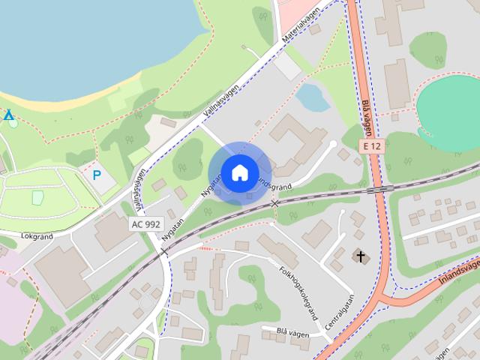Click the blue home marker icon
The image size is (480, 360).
238,172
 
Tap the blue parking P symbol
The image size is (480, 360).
97,175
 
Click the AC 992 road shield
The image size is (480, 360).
145,223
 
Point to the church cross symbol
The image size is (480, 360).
361,257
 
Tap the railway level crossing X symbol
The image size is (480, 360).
275,202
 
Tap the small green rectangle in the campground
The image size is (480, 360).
37,196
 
